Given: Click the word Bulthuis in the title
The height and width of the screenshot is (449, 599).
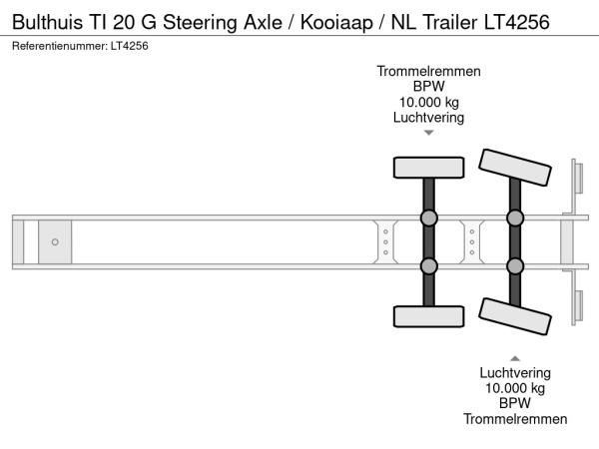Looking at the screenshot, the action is (47, 22).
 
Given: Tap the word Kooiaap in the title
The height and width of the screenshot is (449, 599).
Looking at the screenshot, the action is (336, 23).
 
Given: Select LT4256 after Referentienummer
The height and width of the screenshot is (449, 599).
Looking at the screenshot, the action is (130, 46).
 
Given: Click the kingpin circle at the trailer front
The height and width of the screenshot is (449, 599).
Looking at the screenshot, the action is (55, 242).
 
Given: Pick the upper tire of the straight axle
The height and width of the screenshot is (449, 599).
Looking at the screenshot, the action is (428, 168).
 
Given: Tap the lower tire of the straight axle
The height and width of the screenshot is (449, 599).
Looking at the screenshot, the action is (428, 316).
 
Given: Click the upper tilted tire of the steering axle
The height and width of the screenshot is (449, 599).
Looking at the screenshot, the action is (515, 168).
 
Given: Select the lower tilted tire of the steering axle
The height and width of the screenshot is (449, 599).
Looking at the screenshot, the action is (515, 316).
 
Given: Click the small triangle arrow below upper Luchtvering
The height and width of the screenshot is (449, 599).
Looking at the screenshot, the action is (429, 133).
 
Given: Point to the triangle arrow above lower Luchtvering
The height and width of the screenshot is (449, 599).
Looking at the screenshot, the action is (515, 358).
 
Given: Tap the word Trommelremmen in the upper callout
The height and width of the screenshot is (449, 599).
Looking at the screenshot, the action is (428, 72).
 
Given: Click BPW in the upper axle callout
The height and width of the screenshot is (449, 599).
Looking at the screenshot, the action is (428, 87).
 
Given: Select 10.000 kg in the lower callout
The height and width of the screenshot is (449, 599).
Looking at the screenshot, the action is (515, 388).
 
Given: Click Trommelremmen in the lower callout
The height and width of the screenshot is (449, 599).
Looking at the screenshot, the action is (515, 419).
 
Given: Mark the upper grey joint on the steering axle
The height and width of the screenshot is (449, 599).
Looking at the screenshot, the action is (515, 218).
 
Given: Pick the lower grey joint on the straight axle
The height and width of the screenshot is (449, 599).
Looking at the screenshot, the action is (428, 266).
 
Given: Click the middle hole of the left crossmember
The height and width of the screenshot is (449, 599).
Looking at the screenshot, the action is (385, 242).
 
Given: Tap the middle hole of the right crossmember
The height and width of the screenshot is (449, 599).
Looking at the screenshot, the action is (472, 242).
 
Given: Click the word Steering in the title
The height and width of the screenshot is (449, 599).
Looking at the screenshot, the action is (201, 23).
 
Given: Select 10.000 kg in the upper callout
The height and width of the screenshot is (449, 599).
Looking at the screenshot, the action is (428, 103).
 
